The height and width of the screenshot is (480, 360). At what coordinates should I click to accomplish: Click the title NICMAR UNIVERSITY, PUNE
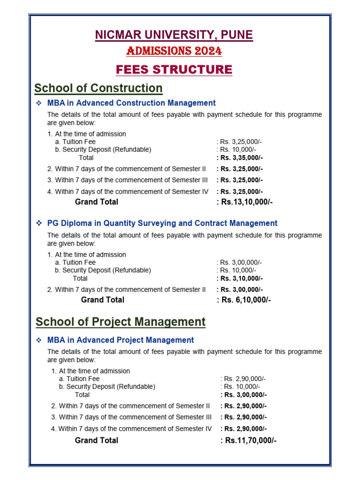click(x=174, y=35)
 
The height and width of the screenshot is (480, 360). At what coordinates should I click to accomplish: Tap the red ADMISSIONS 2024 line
click(x=174, y=51)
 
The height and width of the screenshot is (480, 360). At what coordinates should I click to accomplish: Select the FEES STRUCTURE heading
click(x=174, y=70)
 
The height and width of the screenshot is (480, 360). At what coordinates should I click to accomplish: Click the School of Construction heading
click(x=98, y=88)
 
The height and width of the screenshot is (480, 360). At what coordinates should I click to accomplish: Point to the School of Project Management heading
click(x=120, y=322)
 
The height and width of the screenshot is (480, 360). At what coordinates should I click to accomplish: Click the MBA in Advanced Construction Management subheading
click(x=131, y=103)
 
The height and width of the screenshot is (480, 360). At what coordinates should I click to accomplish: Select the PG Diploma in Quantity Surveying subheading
click(x=162, y=223)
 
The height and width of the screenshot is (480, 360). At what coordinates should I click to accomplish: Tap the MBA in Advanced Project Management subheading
click(x=120, y=340)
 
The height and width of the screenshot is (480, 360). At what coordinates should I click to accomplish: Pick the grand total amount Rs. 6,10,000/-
click(x=245, y=300)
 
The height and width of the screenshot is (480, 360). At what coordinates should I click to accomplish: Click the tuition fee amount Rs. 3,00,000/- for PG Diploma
click(x=241, y=262)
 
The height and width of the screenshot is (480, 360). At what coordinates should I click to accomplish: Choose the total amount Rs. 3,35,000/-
click(x=241, y=157)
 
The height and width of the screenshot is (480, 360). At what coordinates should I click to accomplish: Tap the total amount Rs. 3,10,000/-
click(x=241, y=278)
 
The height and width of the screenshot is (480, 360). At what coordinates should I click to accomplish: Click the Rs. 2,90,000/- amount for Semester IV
click(x=245, y=428)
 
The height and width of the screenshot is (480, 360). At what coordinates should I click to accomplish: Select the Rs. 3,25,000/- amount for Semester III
click(x=241, y=180)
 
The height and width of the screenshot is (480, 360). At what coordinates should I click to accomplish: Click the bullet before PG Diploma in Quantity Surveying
click(x=39, y=224)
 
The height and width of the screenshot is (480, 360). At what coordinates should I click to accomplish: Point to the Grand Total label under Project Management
click(x=97, y=440)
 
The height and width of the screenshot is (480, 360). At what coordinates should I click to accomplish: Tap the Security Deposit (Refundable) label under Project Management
click(x=111, y=387)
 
